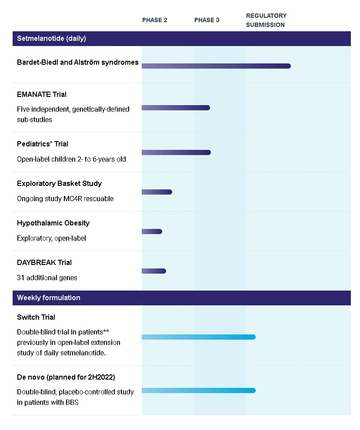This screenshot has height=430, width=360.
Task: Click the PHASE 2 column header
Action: pyautogui.click(x=155, y=20)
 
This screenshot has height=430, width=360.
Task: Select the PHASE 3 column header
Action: pyautogui.click(x=207, y=20)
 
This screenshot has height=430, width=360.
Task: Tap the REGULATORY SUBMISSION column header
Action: pyautogui.click(x=266, y=20)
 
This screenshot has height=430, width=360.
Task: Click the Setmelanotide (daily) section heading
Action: pyautogui.click(x=51, y=38)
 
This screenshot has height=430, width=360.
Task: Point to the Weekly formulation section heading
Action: pyautogui.click(x=49, y=298)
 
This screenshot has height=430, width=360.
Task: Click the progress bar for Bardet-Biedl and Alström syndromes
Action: pyautogui.click(x=217, y=66)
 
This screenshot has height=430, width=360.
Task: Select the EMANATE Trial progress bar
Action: pyautogui.click(x=176, y=108)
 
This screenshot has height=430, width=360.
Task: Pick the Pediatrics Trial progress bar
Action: pyautogui.click(x=176, y=152)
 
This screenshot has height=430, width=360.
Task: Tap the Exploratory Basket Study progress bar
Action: pyautogui.click(x=157, y=192)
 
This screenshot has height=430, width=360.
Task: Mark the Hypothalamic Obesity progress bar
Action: pyautogui.click(x=152, y=232)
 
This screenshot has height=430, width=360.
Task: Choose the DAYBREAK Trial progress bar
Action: pyautogui.click(x=154, y=271)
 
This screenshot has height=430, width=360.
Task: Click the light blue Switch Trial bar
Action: pyautogui.click(x=199, y=337)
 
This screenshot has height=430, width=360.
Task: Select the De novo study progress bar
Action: pyautogui.click(x=199, y=390)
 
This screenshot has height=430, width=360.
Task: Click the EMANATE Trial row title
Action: pyautogui.click(x=42, y=95)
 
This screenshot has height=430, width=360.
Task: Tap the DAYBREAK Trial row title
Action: pyautogui.click(x=44, y=262)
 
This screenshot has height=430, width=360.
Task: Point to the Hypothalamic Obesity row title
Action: pyautogui.click(x=53, y=223)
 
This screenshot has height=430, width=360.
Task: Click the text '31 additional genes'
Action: pyautogui.click(x=47, y=278)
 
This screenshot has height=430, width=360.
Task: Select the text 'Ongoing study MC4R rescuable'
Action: pyautogui.click(x=65, y=199)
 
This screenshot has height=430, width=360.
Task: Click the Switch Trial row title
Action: pyautogui.click(x=36, y=318)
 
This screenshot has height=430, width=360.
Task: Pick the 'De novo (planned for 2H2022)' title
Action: pyautogui.click(x=66, y=377)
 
